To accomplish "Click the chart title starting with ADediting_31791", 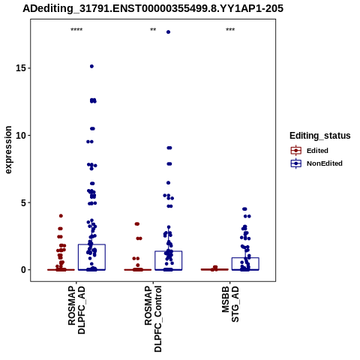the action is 153,8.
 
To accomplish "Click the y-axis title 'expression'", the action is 8,150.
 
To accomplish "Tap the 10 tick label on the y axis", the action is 21,135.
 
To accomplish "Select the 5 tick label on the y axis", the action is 24,202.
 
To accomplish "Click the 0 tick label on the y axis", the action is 24,270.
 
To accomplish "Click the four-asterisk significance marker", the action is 76,30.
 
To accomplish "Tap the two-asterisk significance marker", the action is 153,30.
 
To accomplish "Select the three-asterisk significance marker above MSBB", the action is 230,30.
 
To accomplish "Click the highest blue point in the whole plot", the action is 168,32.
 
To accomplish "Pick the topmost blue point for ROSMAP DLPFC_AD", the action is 91,66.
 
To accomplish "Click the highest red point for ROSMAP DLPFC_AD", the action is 61,216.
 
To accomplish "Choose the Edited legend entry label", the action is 317,151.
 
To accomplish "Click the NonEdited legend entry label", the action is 325,163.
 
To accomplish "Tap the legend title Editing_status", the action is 320,136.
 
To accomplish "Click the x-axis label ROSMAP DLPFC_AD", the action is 76,310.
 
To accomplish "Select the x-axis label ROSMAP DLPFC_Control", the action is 153,319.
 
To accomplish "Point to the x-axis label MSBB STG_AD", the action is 230,304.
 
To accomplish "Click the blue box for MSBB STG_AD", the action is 245,258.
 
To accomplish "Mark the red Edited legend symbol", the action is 296,151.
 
